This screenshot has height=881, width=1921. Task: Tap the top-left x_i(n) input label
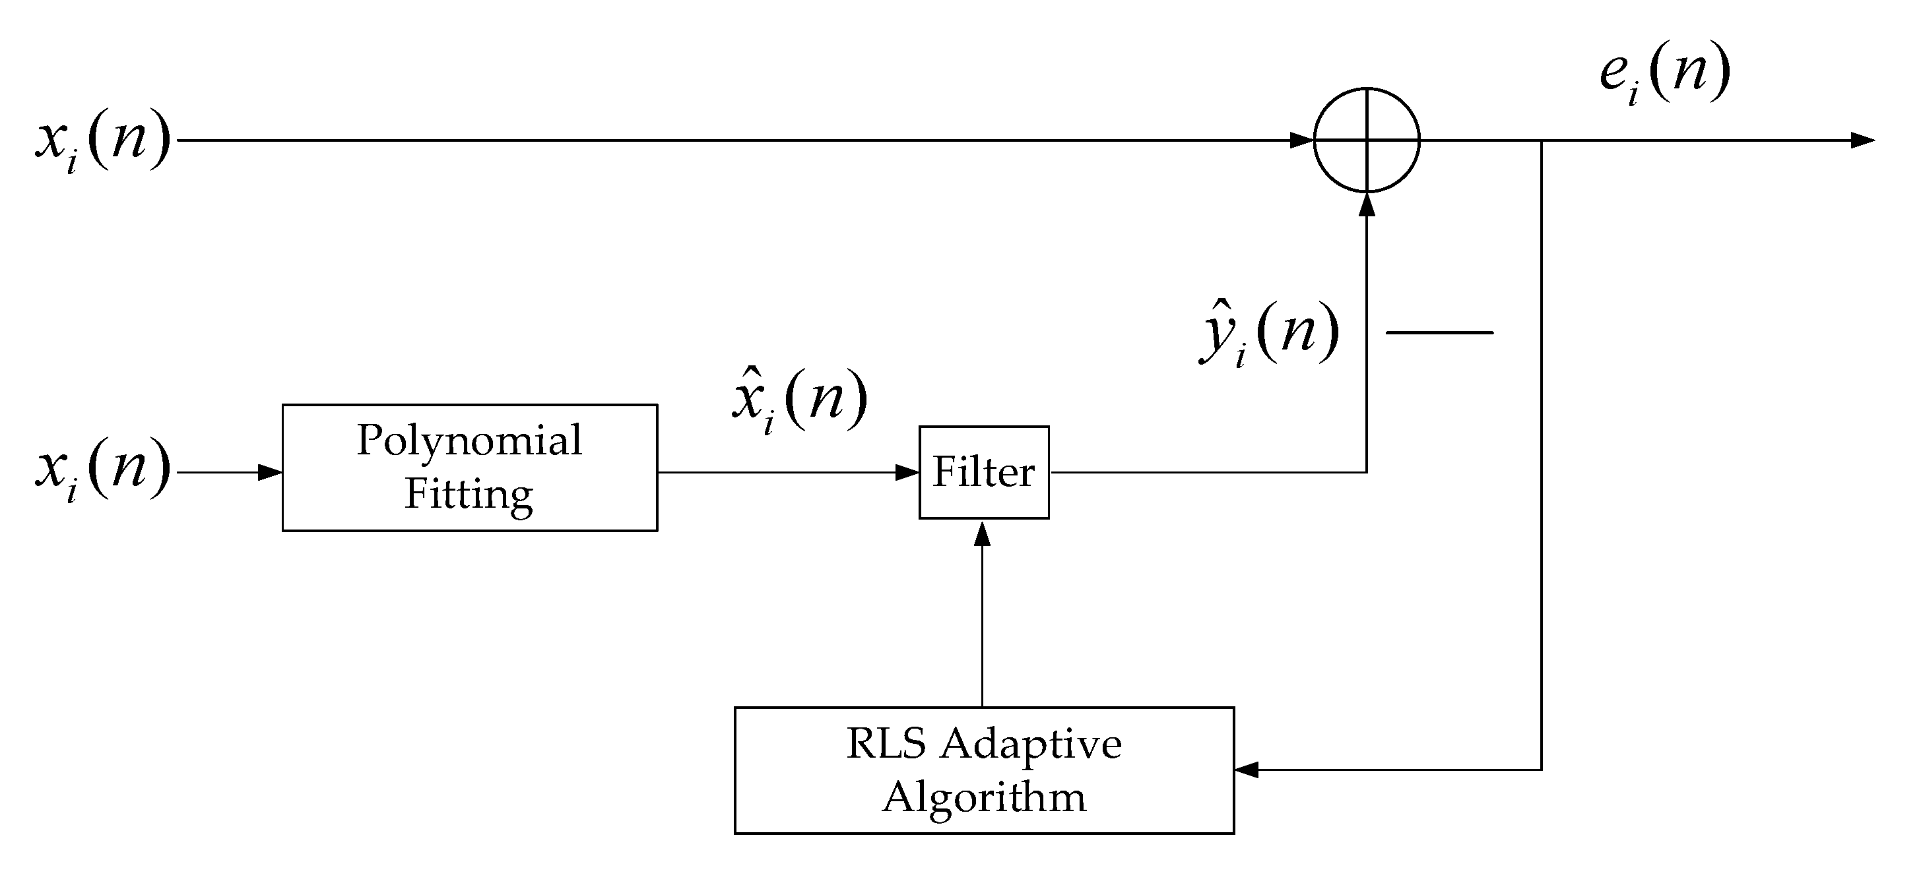click(x=104, y=141)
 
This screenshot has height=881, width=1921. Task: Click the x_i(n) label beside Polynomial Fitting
click(x=104, y=470)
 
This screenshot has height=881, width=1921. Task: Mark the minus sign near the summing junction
click(x=1439, y=332)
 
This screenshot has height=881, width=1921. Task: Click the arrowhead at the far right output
click(x=1863, y=140)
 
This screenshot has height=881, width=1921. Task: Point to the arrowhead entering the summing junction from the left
click(x=1302, y=140)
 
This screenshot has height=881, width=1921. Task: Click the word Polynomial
click(x=470, y=441)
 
